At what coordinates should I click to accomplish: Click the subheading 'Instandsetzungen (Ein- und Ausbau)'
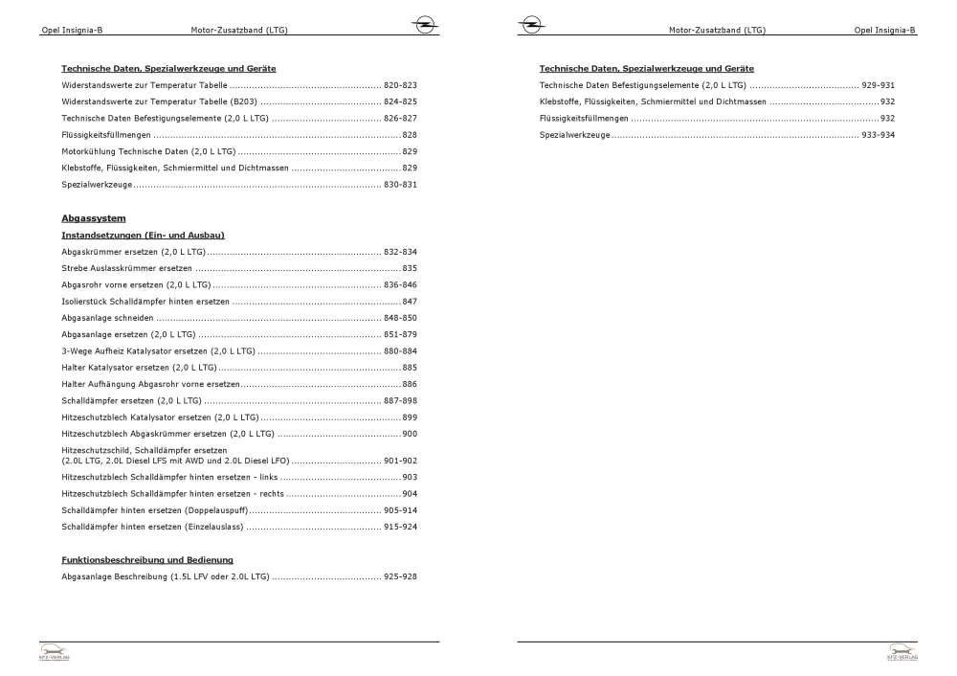coord(143,235)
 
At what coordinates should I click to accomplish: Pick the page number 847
coord(410,301)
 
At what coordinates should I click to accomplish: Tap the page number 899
coord(410,417)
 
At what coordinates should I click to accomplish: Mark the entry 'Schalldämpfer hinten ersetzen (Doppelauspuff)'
coord(156,509)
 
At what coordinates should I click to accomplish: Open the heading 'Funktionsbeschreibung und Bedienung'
coord(147,559)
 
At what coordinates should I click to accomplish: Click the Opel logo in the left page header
coord(422,26)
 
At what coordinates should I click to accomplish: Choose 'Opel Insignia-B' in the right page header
coord(885,31)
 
